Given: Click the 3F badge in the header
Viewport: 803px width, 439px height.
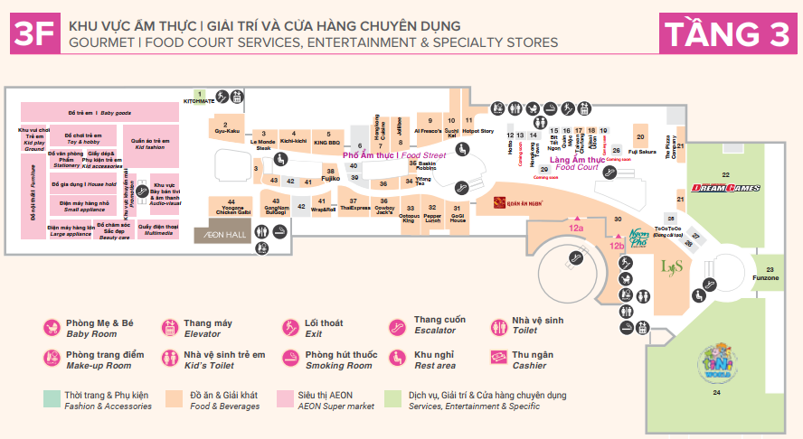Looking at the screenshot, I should coord(34,34).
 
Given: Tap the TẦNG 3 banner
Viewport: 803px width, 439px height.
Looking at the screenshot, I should coord(727,34).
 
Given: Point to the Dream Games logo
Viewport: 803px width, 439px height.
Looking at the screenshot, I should coord(725,188).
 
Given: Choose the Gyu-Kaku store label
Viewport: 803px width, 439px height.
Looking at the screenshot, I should coord(227,131).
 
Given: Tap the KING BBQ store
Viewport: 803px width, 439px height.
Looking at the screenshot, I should coord(326,142).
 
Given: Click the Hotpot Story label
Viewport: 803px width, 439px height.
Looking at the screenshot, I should coord(477,131).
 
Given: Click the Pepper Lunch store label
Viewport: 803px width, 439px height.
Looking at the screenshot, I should coord(432,216).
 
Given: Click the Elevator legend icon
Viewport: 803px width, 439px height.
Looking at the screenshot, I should coord(169,328).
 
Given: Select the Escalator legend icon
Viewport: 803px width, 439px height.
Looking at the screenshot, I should coord(399,328).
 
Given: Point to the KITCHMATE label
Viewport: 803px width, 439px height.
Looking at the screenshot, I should coord(198,101).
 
